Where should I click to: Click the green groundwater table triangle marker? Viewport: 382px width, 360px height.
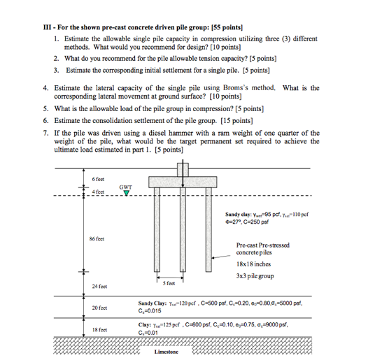coord(126,194)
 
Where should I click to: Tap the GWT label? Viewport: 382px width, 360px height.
coord(126,187)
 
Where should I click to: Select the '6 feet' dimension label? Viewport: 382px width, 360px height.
coord(98,180)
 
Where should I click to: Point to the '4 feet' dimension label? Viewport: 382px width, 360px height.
coord(97,192)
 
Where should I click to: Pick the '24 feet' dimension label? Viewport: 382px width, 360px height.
coord(99,287)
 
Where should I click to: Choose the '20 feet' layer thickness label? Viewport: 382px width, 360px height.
coord(99,308)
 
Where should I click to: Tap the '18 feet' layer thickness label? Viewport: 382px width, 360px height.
coord(99,329)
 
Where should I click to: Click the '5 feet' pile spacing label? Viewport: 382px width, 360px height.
coord(169,283)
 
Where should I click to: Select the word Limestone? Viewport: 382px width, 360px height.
coord(166,352)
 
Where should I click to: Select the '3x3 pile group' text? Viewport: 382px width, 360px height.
coord(255,276)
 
